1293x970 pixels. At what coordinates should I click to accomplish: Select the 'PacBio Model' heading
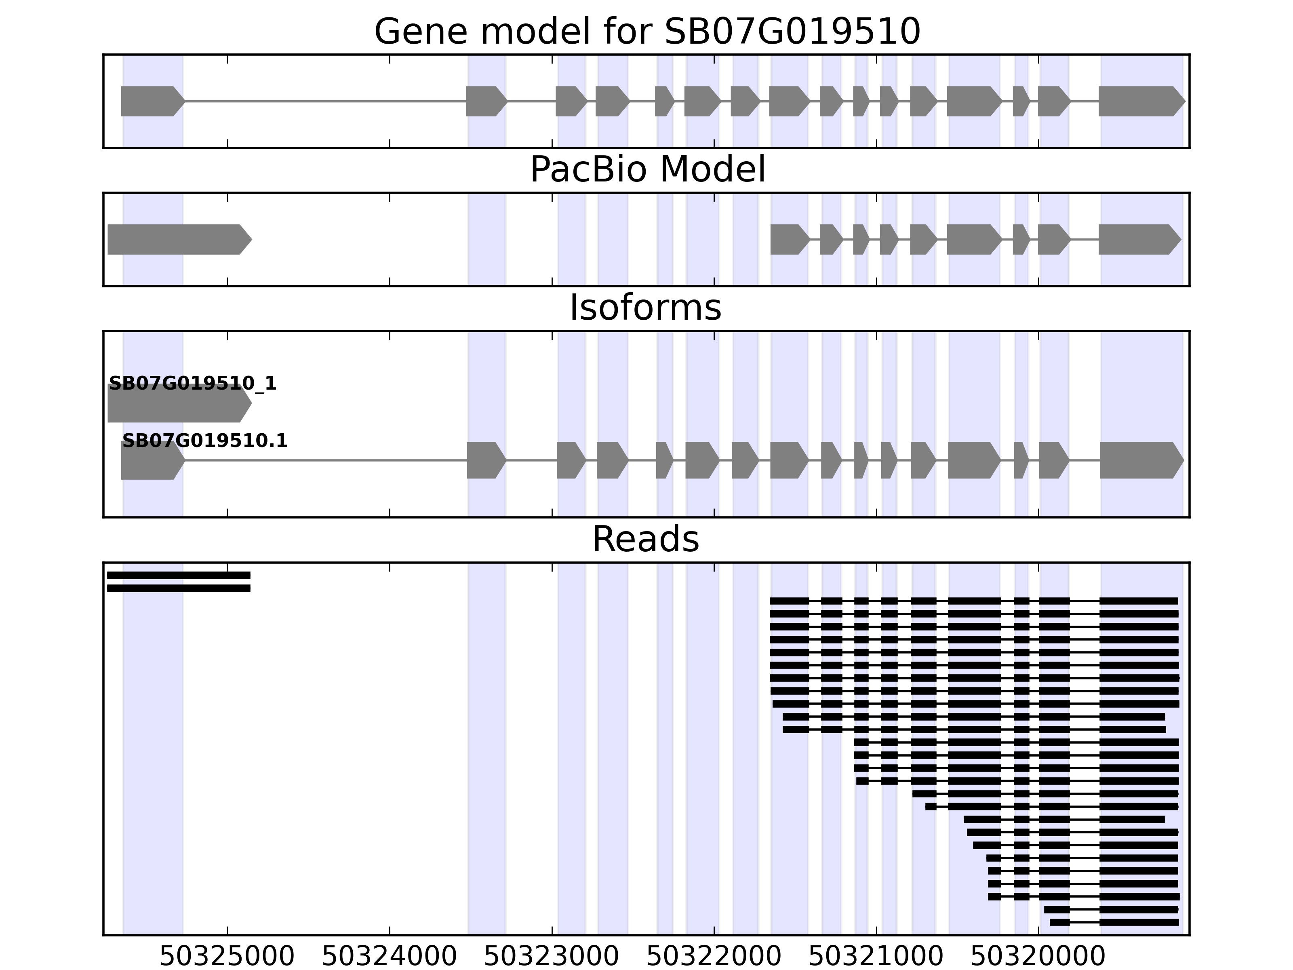(647, 170)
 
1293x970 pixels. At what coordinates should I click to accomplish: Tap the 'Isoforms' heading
(645, 308)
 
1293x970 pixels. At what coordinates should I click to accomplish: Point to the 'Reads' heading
(645, 539)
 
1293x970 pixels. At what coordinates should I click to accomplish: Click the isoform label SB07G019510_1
(192, 384)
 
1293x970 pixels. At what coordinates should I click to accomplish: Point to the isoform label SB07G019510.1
(204, 441)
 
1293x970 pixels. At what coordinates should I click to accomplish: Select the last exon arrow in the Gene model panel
(1140, 101)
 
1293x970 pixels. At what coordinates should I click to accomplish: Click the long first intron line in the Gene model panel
(325, 101)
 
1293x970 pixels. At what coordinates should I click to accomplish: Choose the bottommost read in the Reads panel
(1114, 922)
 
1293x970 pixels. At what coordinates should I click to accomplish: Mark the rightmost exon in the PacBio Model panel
(1139, 239)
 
